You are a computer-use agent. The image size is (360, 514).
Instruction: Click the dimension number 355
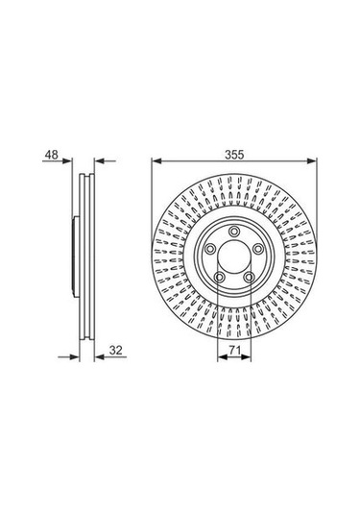234,155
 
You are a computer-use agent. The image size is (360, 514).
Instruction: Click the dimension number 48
52,155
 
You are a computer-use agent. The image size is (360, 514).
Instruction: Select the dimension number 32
115,350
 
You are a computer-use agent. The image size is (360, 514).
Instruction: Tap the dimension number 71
234,351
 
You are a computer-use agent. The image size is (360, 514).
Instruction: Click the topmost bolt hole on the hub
234,232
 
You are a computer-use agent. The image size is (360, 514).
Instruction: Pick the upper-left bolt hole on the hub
210,249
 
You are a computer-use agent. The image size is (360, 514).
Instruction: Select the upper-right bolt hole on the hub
258,249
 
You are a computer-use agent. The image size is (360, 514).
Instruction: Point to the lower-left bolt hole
219,278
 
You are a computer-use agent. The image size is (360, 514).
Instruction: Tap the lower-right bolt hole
249,278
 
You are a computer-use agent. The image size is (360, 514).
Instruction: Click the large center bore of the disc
234,257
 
